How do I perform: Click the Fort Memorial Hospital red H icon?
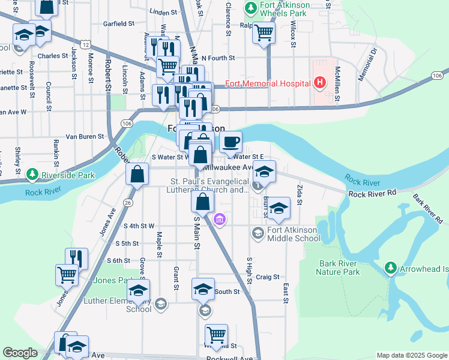coord(320,82)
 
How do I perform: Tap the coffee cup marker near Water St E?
coord(231,143)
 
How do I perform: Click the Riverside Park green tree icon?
coord(32,176)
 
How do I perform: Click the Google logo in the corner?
coord(20,353)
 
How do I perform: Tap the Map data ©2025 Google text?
coord(411,355)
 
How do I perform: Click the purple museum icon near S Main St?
coord(220,220)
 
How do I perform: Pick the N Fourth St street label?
coord(218,58)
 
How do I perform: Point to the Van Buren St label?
coord(85,137)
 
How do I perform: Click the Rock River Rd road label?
coord(373,194)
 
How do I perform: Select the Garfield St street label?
coord(118,24)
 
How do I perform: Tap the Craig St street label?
coord(268,277)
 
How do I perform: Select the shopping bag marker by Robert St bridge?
coord(137,175)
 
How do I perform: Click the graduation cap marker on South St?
coord(203,289)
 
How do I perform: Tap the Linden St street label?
coord(163,11)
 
